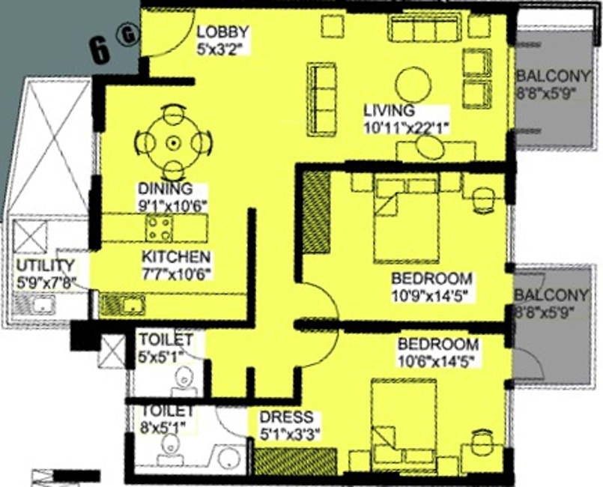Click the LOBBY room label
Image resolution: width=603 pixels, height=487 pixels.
coord(222,33)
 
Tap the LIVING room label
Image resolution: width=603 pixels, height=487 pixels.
coord(389,111)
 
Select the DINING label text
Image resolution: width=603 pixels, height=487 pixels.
coord(165,189)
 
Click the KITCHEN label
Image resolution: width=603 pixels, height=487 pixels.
coord(177,257)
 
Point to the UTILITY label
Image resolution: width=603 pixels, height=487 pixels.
coord(46,265)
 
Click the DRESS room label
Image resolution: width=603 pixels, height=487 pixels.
coord(286,417)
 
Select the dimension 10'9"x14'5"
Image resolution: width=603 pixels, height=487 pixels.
coord(431,294)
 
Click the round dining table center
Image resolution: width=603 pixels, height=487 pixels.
coord(173,142)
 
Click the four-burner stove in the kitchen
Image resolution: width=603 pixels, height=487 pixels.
coord(160,227)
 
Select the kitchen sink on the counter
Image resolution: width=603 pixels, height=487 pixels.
coord(134,305)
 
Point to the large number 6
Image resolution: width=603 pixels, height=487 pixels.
coord(97,49)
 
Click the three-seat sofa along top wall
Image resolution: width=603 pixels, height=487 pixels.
coord(423,30)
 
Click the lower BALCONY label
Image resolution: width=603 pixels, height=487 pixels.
coord(552,295)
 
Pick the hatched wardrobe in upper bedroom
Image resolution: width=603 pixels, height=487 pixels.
coord(316,210)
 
